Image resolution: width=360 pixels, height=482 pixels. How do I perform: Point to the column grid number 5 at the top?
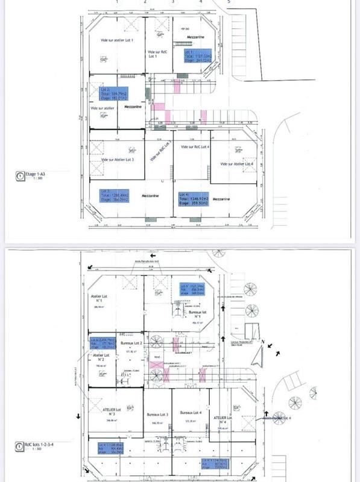229,2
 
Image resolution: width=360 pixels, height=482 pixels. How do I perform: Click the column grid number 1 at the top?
117,2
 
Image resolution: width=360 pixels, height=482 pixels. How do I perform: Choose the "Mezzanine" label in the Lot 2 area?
133,107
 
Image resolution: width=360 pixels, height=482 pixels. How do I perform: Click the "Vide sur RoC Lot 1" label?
157,54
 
